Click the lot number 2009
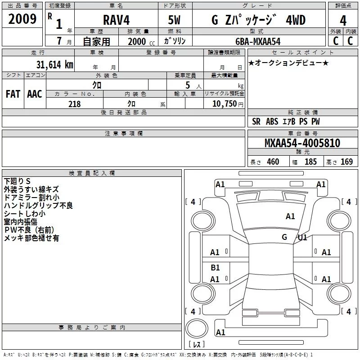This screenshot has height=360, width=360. [x=22, y=18]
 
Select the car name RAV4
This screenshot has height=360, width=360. [x=115, y=20]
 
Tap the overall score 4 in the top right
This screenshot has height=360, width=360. [x=343, y=20]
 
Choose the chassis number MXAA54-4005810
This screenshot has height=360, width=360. [x=302, y=143]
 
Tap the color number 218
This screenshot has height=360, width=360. [x=74, y=104]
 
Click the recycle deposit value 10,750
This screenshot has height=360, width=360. [x=224, y=104]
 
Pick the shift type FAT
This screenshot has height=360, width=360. [x=13, y=94]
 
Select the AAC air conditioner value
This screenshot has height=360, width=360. [x=35, y=94]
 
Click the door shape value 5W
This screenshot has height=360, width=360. [x=174, y=20]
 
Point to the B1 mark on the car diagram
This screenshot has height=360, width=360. [x=215, y=268]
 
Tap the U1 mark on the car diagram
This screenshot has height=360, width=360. [x=302, y=238]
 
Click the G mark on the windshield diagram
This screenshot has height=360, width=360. [x=284, y=237]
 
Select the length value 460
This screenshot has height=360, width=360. [x=273, y=162]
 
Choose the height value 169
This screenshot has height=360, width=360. [x=346, y=162]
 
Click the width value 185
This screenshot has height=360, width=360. [x=310, y=162]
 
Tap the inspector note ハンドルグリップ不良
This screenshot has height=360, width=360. [x=38, y=206]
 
